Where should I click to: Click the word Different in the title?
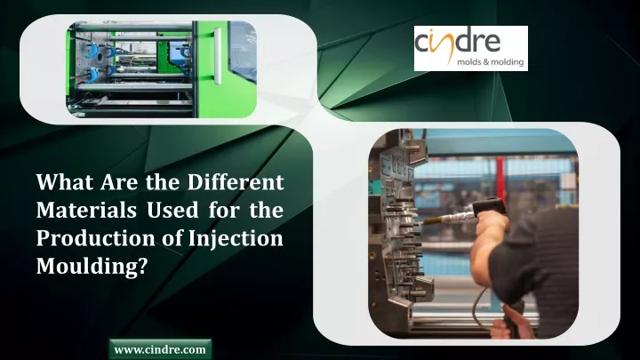pyautogui.click(x=236, y=181)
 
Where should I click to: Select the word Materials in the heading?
pyautogui.click(x=86, y=210)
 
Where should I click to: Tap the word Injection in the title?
pyautogui.click(x=236, y=238)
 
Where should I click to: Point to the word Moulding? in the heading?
pyautogui.click(x=92, y=267)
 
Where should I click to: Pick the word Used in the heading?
pyautogui.click(x=172, y=210)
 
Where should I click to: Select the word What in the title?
pyautogui.click(x=65, y=181)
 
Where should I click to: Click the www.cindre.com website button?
pyautogui.click(x=160, y=349)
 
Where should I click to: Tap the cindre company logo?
pyautogui.click(x=470, y=48)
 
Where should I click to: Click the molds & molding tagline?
pyautogui.click(x=490, y=62)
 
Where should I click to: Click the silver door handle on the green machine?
pyautogui.click(x=218, y=56)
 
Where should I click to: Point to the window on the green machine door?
pyautogui.click(x=243, y=51)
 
